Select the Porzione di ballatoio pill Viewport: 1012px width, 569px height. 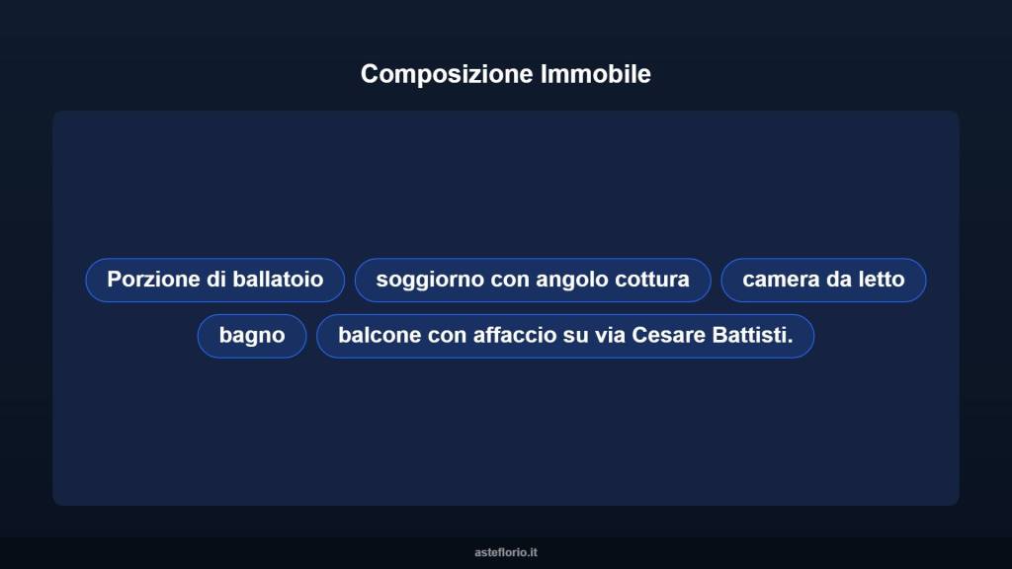point(214,280)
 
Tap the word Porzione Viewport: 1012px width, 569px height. point(153,280)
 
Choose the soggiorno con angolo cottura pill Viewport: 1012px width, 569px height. point(533,280)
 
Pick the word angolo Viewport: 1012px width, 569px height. point(572,280)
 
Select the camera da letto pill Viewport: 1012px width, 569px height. point(823,280)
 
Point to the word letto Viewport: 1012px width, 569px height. point(881,280)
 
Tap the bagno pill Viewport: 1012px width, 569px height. point(252,336)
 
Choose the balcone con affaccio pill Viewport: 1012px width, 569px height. point(565,336)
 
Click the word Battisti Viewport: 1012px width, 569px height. point(752,336)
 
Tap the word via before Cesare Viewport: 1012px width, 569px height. point(609,336)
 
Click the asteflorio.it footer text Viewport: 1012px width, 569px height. point(506,552)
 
